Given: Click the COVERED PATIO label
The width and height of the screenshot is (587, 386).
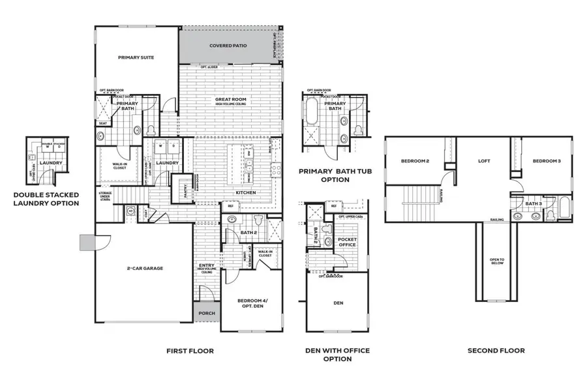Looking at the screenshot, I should click(228, 46).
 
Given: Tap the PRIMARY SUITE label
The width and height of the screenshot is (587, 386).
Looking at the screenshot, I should click(136, 58).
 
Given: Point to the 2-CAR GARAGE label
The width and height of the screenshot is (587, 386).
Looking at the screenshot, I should click(144, 269).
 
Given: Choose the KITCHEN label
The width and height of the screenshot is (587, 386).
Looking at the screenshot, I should click(245, 193).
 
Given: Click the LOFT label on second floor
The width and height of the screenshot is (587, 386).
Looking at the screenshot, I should click(483, 161).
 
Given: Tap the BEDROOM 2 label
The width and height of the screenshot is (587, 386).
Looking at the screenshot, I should click(415, 161).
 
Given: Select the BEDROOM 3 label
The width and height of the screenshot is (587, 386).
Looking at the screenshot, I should click(547, 161).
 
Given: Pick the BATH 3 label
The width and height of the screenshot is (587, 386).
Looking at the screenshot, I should click(534, 204).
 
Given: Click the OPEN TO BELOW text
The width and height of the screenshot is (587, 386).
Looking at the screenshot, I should click(497, 261).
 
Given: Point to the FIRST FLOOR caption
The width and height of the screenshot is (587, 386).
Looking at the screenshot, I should click(190, 351).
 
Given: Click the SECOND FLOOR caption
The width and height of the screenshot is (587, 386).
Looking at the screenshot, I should click(496, 351).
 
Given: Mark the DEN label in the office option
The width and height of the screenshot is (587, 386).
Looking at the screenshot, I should click(338, 303).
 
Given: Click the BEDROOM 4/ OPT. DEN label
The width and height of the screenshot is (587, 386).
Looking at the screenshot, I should click(252, 303).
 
